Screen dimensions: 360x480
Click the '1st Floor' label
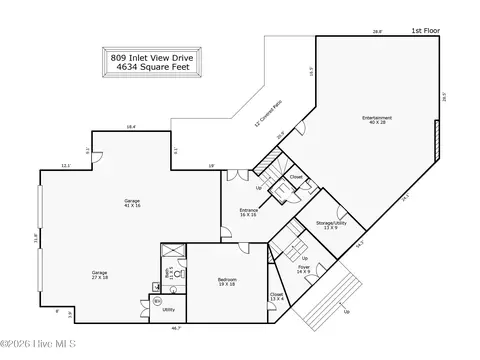[427, 32]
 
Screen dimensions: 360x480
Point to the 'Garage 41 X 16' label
[131, 204]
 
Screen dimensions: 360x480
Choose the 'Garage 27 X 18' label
[100, 276]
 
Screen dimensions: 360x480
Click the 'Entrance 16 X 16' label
[249, 212]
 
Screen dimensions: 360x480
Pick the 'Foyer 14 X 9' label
[303, 269]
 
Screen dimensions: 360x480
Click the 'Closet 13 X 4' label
[276, 296]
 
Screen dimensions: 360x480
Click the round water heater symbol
[156, 300]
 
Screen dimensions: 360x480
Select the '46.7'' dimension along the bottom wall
[176, 327]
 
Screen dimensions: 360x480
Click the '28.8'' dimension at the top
[377, 32]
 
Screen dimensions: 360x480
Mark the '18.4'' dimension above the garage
[131, 126]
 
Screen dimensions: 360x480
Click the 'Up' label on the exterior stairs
[347, 311]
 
